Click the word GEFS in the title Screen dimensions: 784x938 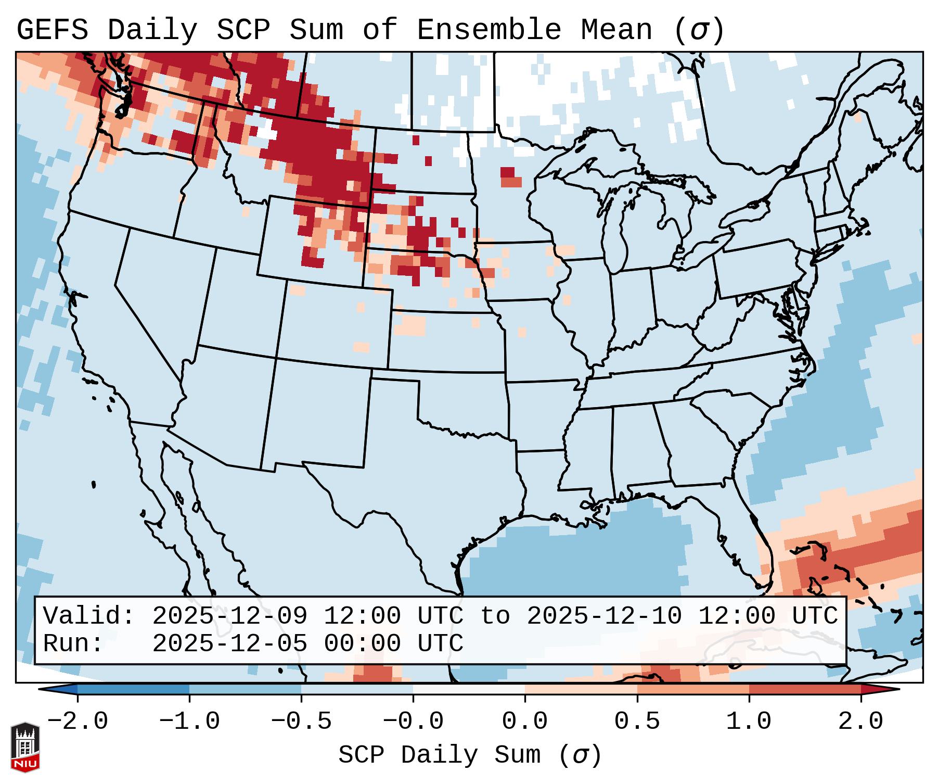52,30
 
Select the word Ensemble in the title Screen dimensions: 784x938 489,30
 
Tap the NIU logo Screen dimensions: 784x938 25,747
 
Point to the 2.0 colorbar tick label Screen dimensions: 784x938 860,722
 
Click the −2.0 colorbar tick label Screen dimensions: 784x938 78,722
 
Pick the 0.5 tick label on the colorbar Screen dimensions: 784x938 637,722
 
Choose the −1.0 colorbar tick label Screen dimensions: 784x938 189,722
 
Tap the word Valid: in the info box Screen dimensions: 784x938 89,616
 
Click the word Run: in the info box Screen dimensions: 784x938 73,643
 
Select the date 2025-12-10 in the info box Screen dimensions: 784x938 604,616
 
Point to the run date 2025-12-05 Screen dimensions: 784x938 229,643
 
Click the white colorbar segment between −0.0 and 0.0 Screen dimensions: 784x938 469,689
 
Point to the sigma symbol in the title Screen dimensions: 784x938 699,30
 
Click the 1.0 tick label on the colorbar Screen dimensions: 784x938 749,722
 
